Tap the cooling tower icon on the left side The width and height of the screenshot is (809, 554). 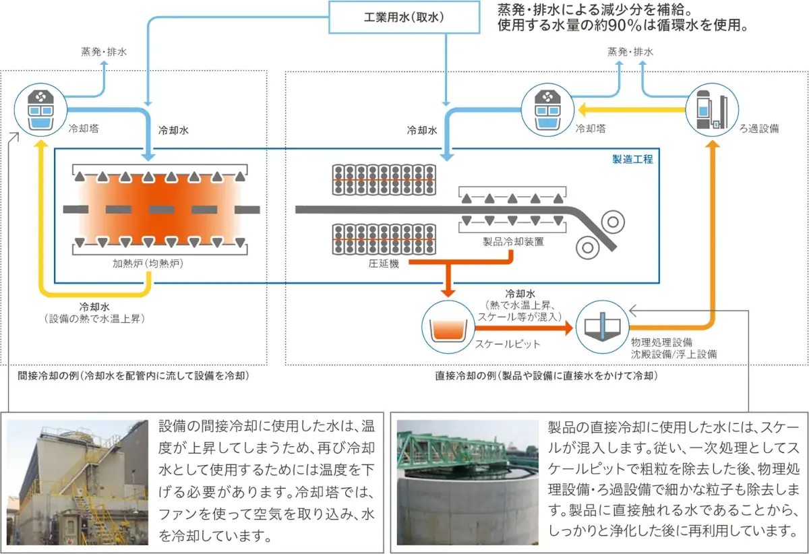click(x=40, y=108)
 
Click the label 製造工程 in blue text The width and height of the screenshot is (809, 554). click(x=632, y=160)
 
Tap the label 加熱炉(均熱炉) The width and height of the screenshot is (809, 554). click(x=148, y=264)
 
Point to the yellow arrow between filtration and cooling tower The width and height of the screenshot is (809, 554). click(x=630, y=109)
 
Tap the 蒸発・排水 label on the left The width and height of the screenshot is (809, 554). click(x=104, y=51)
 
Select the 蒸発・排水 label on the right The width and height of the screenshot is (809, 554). click(x=630, y=51)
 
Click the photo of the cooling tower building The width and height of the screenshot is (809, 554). click(x=77, y=482)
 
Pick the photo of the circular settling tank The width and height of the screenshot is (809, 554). click(x=467, y=482)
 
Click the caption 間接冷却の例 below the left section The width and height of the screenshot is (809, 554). click(x=133, y=376)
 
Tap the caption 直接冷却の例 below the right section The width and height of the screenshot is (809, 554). click(x=546, y=376)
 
